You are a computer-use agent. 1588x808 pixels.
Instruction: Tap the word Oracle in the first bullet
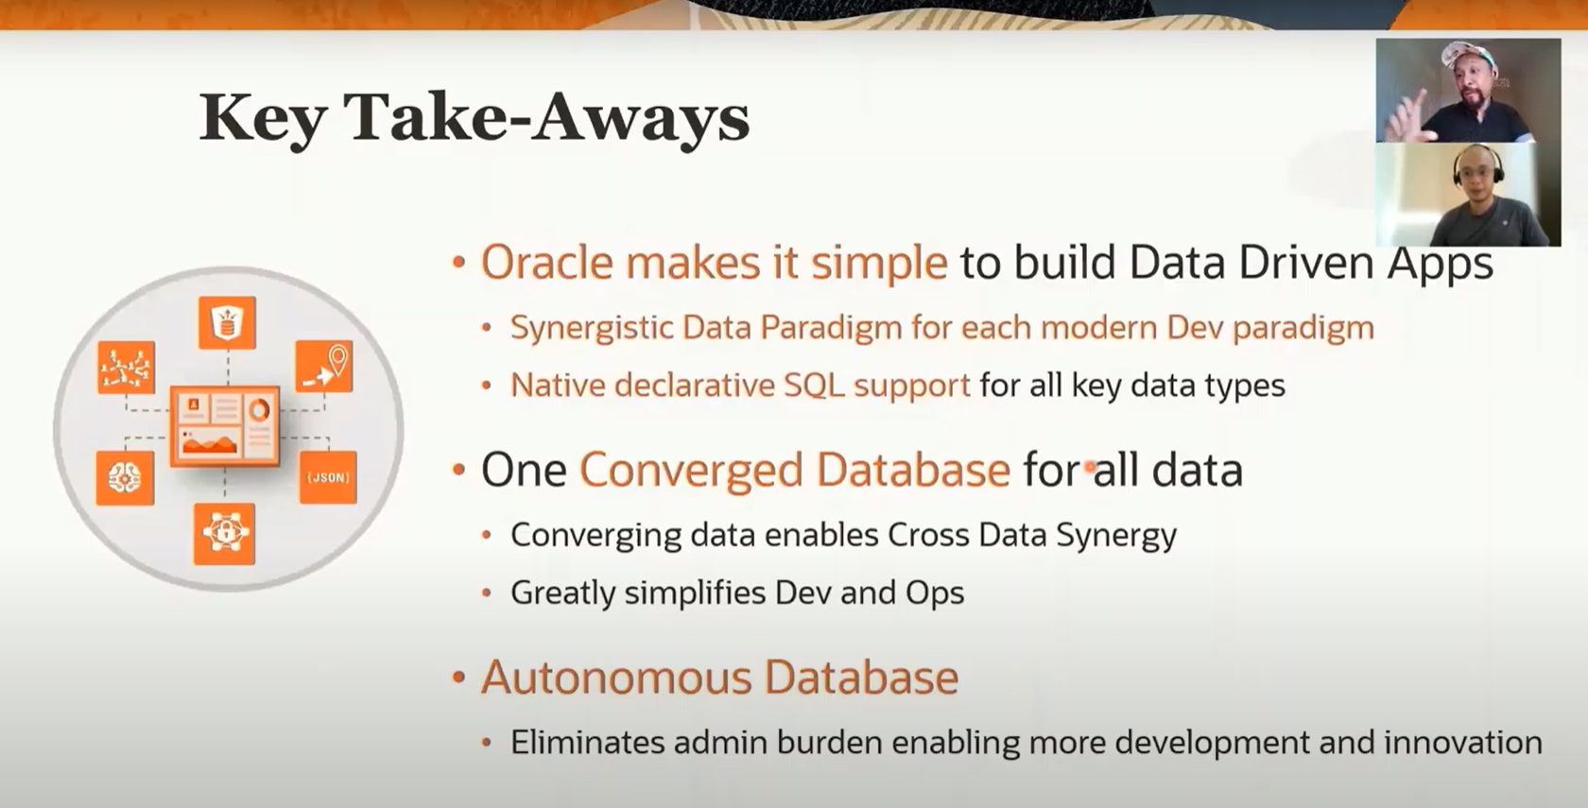(547, 263)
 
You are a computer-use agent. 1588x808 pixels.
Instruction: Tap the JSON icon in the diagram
(327, 477)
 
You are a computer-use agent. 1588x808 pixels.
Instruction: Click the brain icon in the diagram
(125, 478)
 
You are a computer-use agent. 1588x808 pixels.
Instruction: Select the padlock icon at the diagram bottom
(224, 534)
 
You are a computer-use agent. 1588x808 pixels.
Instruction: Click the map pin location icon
(324, 367)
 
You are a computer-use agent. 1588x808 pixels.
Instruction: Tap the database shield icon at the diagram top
(227, 322)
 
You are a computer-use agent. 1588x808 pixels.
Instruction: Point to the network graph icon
(127, 367)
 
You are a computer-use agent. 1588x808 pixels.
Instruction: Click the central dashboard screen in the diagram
(225, 425)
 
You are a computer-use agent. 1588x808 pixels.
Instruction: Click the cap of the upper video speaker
(1469, 53)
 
